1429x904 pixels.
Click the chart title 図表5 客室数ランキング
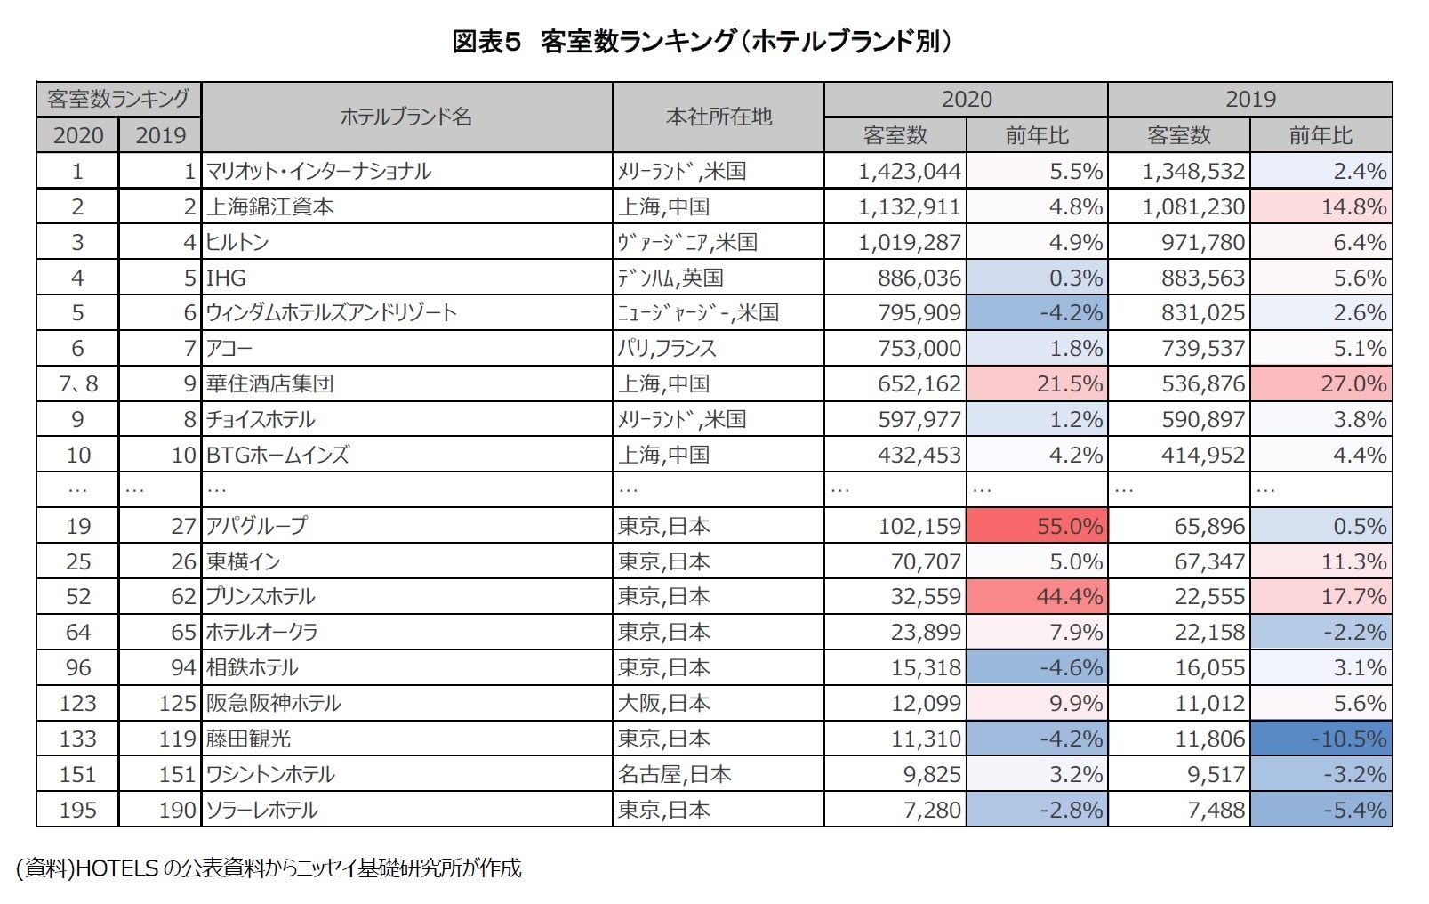click(702, 42)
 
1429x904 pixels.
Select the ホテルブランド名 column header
click(405, 117)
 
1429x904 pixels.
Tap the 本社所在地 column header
click(718, 117)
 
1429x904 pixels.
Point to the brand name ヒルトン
click(237, 242)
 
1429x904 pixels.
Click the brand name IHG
click(226, 278)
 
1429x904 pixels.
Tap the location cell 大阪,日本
click(663, 703)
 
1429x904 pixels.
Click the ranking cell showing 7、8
click(77, 383)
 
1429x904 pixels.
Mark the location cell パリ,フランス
click(667, 348)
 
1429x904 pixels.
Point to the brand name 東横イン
click(243, 561)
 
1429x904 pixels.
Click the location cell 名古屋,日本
click(674, 774)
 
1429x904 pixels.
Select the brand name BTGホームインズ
click(277, 455)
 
